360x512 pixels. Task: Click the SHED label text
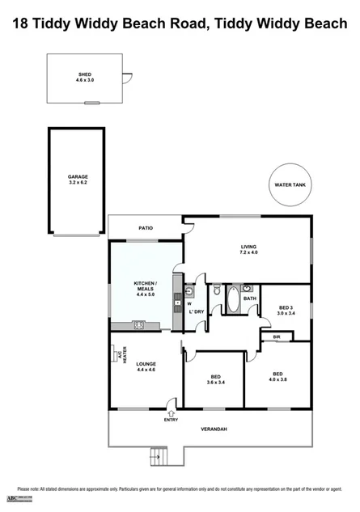tap(85, 74)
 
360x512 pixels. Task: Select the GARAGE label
tap(78, 176)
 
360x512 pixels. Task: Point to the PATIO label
tap(145, 228)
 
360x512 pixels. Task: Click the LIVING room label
tap(248, 247)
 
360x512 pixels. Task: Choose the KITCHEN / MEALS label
tap(146, 286)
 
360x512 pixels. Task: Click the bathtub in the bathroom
tap(233, 301)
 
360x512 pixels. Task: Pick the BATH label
tap(250, 298)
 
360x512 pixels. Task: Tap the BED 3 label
tap(286, 307)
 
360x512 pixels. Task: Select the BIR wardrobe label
tap(276, 336)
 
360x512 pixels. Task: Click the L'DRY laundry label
tap(196, 311)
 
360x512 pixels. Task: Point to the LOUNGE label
tap(146, 364)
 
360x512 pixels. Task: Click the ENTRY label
tap(172, 419)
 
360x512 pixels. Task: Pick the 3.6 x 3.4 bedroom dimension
tap(216, 383)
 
